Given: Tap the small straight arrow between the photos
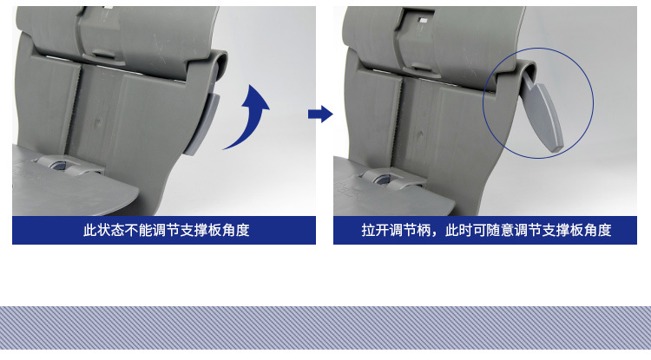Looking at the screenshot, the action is tap(320, 114).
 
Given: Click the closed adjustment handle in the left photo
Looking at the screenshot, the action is tap(202, 123).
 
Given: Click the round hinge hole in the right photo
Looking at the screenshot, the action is tap(381, 179).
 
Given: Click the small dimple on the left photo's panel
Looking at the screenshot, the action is tap(98, 122).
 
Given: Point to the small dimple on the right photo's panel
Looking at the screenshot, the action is tap(420, 134).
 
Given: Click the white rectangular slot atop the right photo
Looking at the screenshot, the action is tap(423, 20).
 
